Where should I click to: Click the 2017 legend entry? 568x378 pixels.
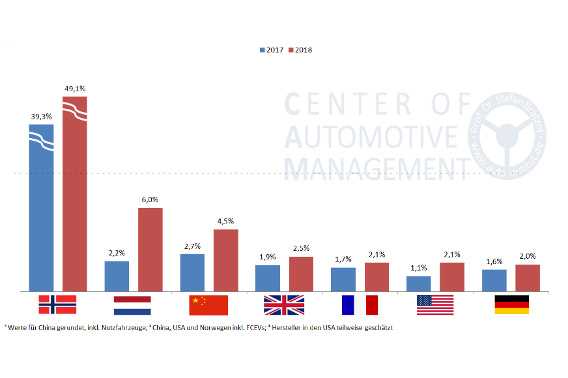click(x=271, y=50)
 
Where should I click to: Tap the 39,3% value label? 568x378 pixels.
click(x=41, y=117)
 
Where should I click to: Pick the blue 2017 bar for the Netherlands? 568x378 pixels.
click(x=117, y=276)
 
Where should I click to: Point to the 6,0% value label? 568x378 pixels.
click(x=150, y=199)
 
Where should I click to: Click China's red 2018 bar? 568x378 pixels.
click(x=225, y=260)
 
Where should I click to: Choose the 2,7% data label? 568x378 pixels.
click(x=192, y=246)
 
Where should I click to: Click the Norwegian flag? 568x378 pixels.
click(x=57, y=305)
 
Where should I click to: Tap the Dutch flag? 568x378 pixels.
click(x=132, y=305)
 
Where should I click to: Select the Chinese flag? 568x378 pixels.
click(x=208, y=305)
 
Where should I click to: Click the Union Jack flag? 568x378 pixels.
click(x=284, y=305)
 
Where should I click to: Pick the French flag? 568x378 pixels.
click(x=360, y=305)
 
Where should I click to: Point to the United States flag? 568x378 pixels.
click(x=435, y=305)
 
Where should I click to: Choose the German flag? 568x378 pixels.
click(x=511, y=305)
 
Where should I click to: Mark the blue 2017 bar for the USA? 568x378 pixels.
click(x=418, y=283)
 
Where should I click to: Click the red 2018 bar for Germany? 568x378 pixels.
click(x=528, y=278)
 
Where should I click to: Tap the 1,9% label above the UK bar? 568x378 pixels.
click(x=267, y=257)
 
